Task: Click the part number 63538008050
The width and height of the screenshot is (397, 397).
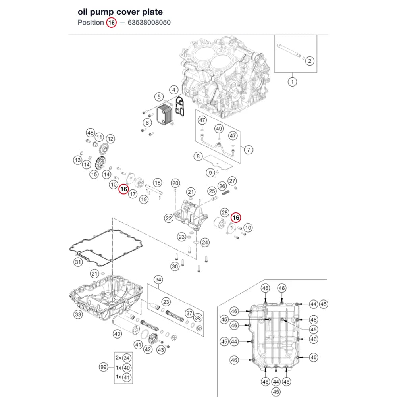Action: [x=149, y=23]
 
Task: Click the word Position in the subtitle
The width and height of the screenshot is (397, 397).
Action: [x=91, y=23]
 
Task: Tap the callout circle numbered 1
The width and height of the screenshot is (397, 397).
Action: [x=293, y=82]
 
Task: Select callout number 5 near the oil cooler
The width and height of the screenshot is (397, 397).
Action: [x=159, y=96]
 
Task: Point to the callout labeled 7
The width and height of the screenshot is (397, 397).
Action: [x=249, y=150]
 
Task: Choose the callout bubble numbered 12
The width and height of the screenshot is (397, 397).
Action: [x=110, y=139]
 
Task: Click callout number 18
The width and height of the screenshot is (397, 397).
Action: [x=158, y=183]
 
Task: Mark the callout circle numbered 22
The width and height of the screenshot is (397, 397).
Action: [x=169, y=218]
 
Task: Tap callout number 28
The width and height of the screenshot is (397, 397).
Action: [x=225, y=212]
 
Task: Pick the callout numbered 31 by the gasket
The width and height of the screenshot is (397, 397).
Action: [x=78, y=262]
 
